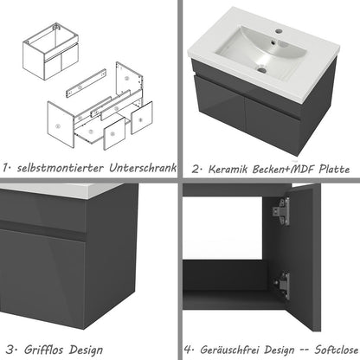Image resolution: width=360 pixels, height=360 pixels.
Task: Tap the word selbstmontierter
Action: click(x=62, y=166)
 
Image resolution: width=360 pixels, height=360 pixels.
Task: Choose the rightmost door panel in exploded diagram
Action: click(x=138, y=119)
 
